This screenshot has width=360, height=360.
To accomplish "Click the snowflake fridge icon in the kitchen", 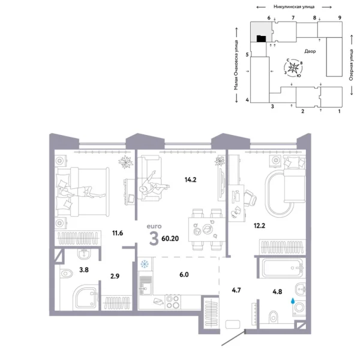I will (x=144, y=264).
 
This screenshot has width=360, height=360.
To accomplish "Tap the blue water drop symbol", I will (x=293, y=303).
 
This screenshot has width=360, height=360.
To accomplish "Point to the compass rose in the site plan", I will (x=293, y=68).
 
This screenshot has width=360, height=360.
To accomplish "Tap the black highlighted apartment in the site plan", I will (x=260, y=39).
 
